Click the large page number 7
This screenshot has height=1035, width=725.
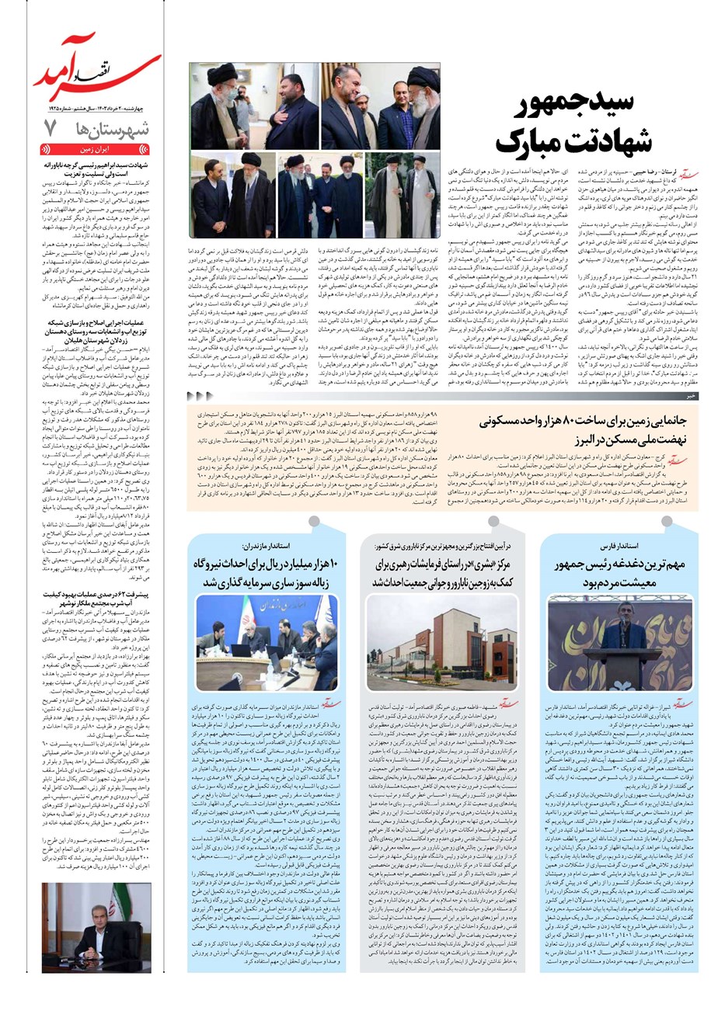(51, 129)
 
